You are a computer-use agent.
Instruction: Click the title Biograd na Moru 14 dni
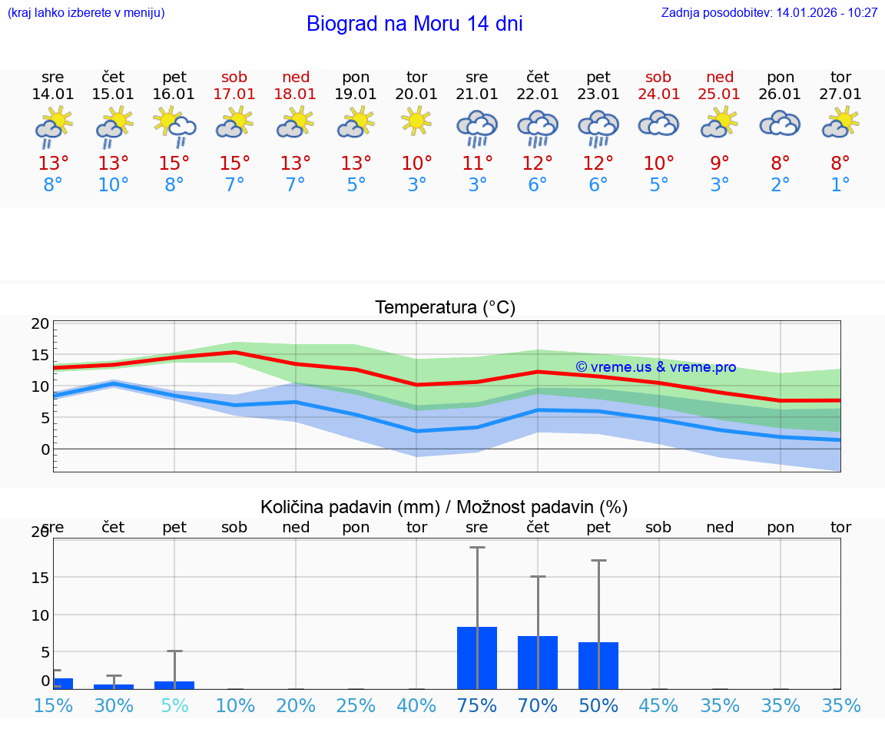[414, 24]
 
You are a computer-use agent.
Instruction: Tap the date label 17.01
[235, 94]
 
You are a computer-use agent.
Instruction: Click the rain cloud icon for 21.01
[477, 127]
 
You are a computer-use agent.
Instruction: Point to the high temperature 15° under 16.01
[174, 164]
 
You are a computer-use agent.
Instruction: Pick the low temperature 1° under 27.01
[840, 185]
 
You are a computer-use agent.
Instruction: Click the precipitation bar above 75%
[477, 658]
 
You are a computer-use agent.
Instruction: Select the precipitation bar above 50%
[598, 665]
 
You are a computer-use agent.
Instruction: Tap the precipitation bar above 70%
[538, 662]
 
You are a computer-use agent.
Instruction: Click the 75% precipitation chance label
[477, 706]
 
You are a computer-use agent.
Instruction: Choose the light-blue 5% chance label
[174, 706]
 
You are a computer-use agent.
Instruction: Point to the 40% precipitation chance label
[417, 706]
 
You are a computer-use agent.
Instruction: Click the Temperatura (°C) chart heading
[445, 308]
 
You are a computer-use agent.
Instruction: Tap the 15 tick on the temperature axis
[40, 355]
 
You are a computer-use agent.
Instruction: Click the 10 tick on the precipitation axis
[40, 615]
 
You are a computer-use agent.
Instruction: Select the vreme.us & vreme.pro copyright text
[656, 367]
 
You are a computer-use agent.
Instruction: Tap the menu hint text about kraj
[85, 13]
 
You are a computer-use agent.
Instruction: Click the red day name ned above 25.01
[720, 77]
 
